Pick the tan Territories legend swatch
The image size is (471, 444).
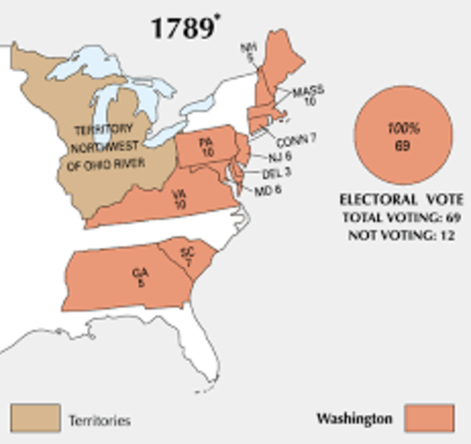(36, 417)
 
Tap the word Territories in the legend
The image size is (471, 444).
(99, 420)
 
